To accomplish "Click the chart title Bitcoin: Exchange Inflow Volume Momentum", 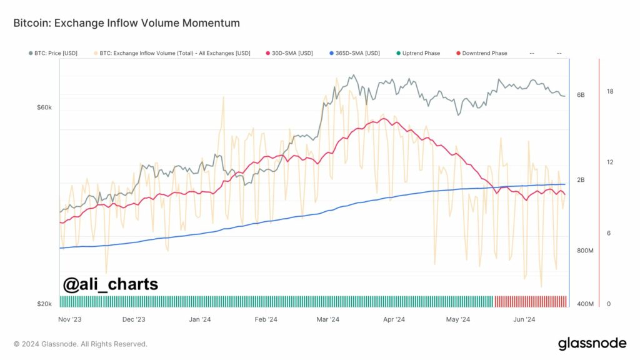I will (x=126, y=23).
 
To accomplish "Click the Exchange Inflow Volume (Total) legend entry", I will (x=174, y=53).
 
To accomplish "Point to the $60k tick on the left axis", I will (x=44, y=107).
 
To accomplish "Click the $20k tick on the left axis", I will (x=44, y=304).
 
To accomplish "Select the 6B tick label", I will (x=581, y=95).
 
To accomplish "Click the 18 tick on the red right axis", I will (x=610, y=91).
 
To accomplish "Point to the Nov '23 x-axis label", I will (x=69, y=319).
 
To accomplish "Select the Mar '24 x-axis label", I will (x=328, y=319).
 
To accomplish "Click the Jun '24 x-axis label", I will (x=524, y=319).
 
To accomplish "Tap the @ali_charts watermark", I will (x=111, y=284).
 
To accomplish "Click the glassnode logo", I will (x=591, y=343).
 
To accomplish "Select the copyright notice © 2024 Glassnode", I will (x=81, y=344).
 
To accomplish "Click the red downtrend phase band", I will (x=531, y=301).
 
